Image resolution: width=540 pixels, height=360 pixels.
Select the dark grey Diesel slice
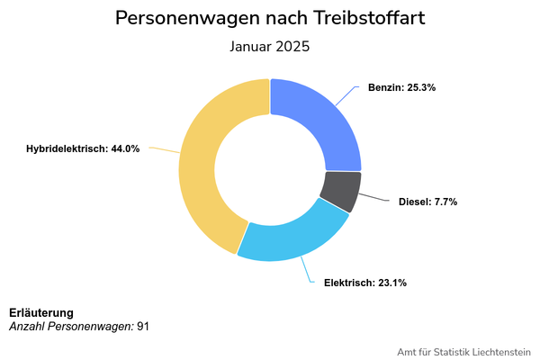point(340,190)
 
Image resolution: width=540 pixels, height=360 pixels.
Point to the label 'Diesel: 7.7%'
point(428,202)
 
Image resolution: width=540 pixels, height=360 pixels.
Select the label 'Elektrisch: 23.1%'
point(364,283)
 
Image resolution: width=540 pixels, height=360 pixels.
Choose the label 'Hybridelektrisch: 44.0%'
point(83,148)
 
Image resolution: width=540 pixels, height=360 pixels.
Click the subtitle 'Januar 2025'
point(270,47)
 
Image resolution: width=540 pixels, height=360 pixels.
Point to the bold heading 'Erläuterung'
point(41,312)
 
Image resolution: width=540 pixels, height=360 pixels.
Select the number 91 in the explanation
point(143,326)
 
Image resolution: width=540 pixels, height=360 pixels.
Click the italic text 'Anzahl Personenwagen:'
point(71,326)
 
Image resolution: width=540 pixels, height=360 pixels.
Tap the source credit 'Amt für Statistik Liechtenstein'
point(463,351)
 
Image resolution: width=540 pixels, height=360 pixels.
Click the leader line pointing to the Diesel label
point(378,199)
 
